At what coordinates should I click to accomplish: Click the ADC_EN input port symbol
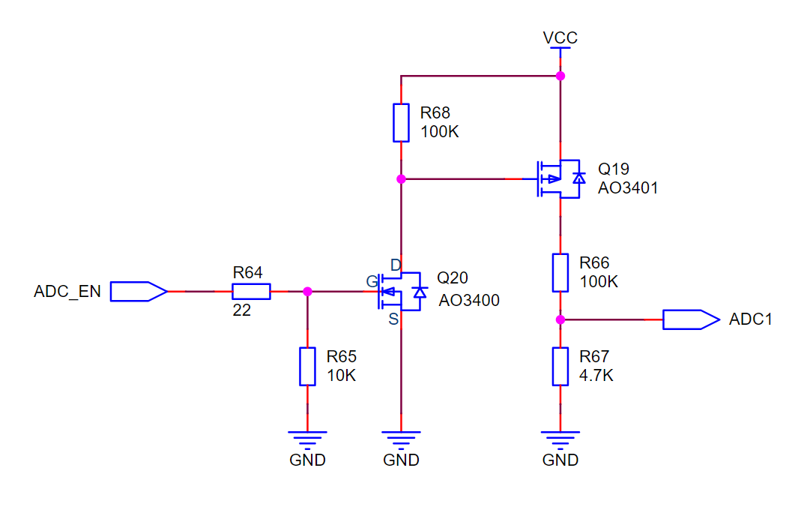(139, 291)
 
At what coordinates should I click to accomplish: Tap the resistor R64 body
(251, 291)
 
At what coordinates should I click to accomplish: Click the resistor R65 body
(307, 366)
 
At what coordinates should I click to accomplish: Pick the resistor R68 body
(402, 123)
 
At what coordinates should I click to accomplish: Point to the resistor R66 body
(560, 272)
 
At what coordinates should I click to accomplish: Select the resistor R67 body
(560, 366)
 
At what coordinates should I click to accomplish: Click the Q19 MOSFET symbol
(558, 178)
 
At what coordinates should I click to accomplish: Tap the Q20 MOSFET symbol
(401, 291)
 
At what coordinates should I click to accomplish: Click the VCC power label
(560, 37)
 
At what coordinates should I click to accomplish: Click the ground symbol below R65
(307, 437)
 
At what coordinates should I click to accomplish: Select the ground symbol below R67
(560, 437)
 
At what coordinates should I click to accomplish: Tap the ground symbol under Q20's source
(401, 437)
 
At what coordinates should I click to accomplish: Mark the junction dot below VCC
(560, 76)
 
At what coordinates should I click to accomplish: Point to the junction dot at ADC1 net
(560, 319)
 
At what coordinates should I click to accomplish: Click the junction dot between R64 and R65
(307, 291)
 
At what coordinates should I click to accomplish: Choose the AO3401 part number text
(628, 188)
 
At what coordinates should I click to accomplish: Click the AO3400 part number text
(469, 301)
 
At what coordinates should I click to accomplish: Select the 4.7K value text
(596, 376)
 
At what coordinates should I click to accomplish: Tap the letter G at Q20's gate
(371, 281)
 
